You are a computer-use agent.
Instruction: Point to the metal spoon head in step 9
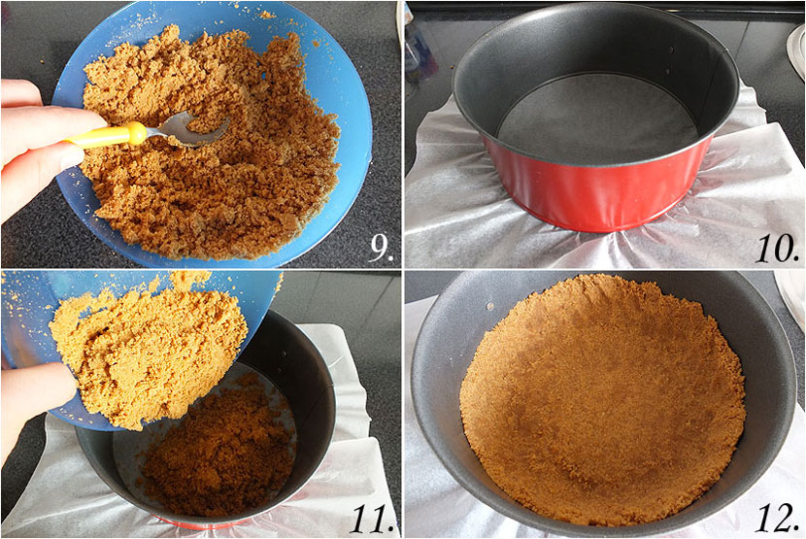pyautogui.click(x=190, y=129)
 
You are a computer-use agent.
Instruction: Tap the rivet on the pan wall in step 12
pyautogui.click(x=489, y=307)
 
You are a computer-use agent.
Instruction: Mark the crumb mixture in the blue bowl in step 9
pyautogui.click(x=211, y=144)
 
